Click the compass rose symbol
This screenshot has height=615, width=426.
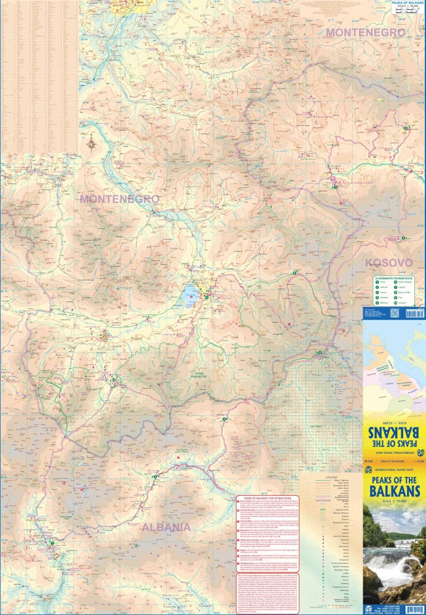click(92, 144)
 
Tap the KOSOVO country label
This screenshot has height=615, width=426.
click(388, 262)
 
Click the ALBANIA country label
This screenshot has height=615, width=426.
click(166, 527)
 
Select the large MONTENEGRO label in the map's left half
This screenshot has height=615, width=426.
click(120, 199)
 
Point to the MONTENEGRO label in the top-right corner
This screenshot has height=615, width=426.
click(365, 32)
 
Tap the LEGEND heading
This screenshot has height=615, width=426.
click(332, 476)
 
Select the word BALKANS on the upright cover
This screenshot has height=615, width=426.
click(393, 491)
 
